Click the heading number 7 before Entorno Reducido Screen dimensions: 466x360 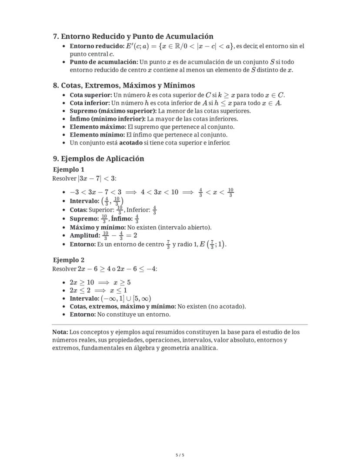point(55,37)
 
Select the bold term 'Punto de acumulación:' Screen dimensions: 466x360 point(104,62)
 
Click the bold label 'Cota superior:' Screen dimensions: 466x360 point(91,95)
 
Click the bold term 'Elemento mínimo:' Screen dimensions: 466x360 point(97,135)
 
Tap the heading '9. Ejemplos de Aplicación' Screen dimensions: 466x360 point(98,158)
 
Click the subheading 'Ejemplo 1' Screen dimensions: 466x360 point(69,169)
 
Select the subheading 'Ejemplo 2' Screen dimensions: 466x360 point(69,260)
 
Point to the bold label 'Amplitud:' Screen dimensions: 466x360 point(85,235)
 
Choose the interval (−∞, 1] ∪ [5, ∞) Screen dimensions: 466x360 point(126,298)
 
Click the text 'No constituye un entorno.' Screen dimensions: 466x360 point(134,314)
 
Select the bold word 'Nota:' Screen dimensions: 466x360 point(60,332)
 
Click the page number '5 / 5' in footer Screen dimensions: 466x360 point(180,455)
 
